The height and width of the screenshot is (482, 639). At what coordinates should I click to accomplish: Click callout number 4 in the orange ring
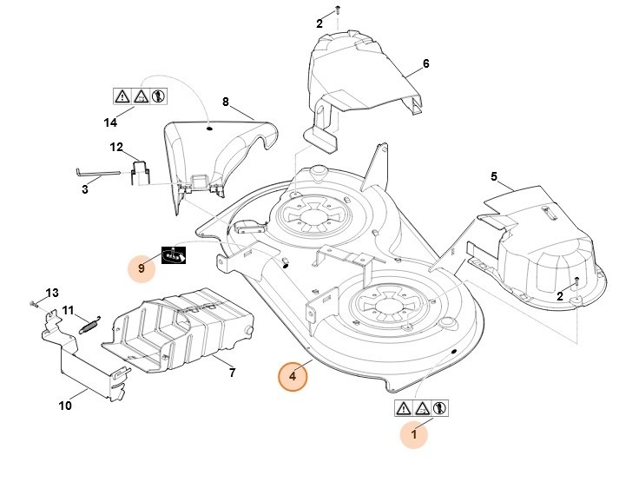[293, 376]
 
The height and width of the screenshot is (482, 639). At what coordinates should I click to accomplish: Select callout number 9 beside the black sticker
[142, 268]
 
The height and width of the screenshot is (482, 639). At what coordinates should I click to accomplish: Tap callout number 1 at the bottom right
[413, 432]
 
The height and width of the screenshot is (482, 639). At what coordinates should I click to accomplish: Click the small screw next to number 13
[33, 302]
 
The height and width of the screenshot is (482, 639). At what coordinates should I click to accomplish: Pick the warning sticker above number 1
[421, 406]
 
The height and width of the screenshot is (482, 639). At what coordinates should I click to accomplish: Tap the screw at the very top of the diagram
[338, 9]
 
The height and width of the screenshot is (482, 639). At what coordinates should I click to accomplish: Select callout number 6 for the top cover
[426, 63]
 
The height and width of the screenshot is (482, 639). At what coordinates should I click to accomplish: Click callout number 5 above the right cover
[494, 177]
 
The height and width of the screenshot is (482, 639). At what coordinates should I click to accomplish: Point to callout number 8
[226, 102]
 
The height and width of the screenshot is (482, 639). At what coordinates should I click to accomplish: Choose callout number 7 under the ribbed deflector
[232, 373]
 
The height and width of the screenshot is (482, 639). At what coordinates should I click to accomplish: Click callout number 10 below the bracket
[64, 405]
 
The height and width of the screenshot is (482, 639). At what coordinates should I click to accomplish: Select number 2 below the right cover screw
[560, 296]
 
